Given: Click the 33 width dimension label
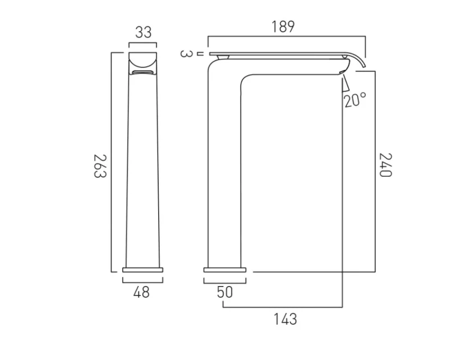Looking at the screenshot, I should click(143, 33).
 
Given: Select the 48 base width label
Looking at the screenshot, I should click(142, 292).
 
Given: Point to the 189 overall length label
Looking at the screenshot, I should click(283, 26).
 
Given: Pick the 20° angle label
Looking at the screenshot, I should click(355, 100).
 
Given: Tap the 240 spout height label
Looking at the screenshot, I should click(385, 165).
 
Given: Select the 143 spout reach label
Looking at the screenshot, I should click(285, 320).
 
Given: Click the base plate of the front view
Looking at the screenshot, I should click(143, 270).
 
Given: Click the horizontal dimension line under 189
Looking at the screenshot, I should click(286, 38).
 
